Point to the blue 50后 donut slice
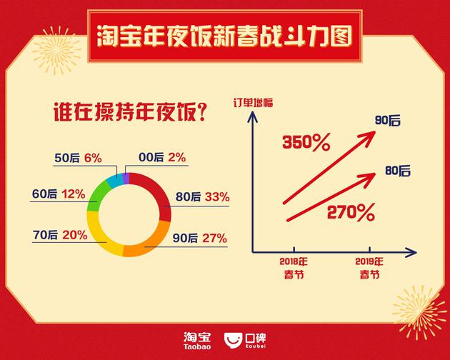pos(114,180)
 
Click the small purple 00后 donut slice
pos(126,178)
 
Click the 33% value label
pos(217,197)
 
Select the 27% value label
pos(215,239)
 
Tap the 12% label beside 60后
pos(74,194)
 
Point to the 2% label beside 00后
pos(177,157)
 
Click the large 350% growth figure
pos(306,142)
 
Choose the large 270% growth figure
pos(351,212)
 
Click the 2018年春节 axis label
pos(294,268)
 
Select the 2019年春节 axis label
pos(369,268)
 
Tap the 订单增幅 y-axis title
pos(253,103)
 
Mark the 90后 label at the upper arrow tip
pos(387,121)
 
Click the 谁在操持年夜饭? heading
pos(130,113)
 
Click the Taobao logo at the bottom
pos(197,341)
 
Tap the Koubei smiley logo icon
pos(234,341)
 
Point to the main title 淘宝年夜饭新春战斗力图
pos(225,36)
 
